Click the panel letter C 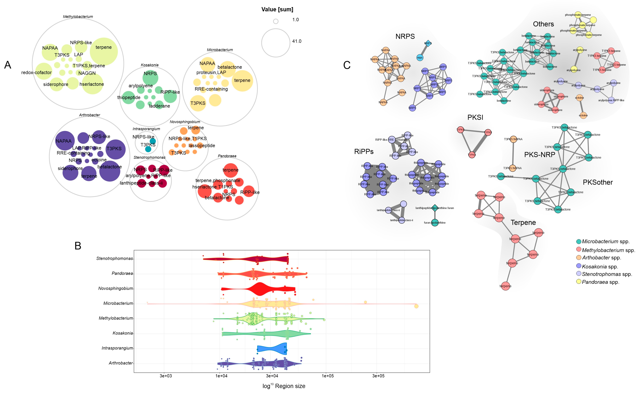pos(347,65)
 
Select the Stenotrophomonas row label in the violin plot pos(114,258)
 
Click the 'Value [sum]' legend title pos(277,9)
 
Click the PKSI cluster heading pos(475,117)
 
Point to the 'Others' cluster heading pos(543,24)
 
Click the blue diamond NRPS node pos(428,43)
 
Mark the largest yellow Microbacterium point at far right pos(416,306)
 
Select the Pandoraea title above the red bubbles pos(227,156)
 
